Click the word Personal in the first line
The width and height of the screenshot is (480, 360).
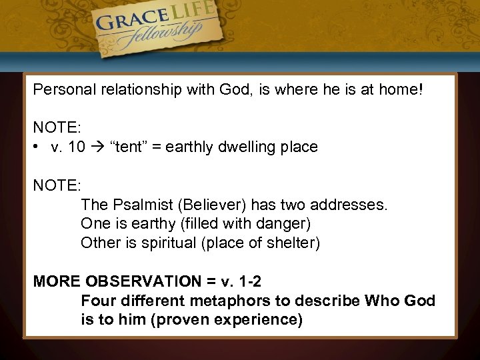pos(61,89)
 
